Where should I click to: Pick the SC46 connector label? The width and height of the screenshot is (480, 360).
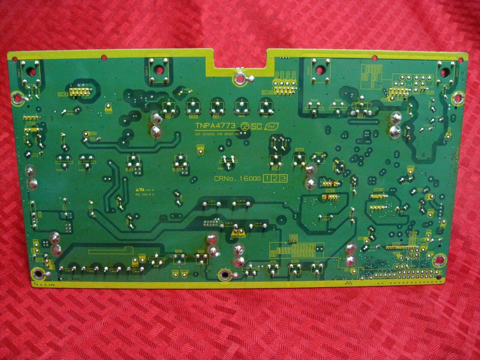[267, 92]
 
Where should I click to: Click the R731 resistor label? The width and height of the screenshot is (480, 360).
[70, 114]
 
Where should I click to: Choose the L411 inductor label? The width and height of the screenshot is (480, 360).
[212, 201]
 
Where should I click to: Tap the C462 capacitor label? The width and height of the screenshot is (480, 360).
[185, 89]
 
